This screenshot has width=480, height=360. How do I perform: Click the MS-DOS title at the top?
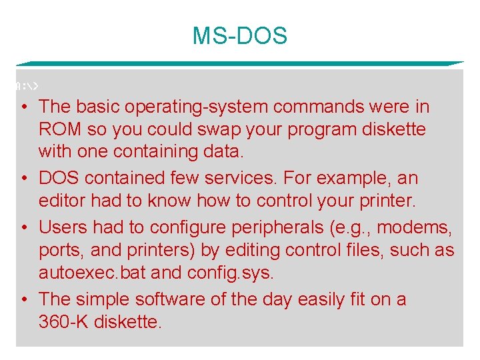(239, 35)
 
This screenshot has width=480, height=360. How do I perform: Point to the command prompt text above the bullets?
(28, 86)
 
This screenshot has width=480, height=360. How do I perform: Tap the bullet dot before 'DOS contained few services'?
(23, 179)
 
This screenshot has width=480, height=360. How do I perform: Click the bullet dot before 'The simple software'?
(23, 299)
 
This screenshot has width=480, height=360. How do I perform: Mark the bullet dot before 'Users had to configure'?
(23, 227)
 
